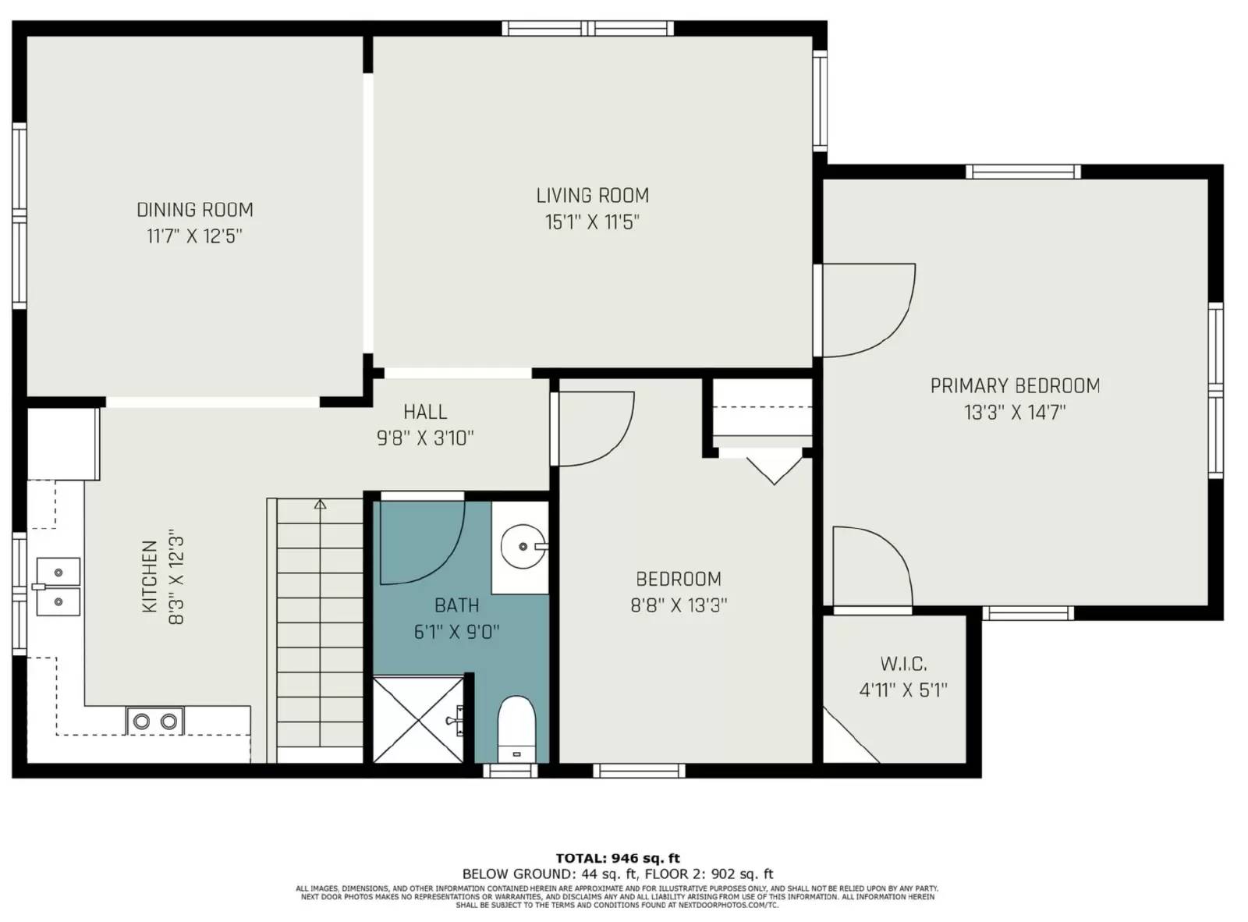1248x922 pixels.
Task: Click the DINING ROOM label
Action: point(195,210)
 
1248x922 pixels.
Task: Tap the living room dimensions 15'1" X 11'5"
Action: point(592,222)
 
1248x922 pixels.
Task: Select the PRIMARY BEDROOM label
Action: point(1015,385)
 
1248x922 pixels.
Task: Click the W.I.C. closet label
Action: point(903,664)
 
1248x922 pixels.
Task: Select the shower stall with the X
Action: point(418,719)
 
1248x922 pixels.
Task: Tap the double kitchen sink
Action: point(57,587)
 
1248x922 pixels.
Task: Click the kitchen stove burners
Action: point(155,721)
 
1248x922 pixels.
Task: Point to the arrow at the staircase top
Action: point(320,505)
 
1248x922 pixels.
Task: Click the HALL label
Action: point(425,412)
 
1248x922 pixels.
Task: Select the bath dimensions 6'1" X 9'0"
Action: point(456,632)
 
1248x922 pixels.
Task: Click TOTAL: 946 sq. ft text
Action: point(618,858)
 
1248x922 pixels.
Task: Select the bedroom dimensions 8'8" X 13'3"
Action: point(679,605)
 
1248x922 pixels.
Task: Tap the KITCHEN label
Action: point(150,576)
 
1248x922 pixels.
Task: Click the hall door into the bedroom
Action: point(593,429)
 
